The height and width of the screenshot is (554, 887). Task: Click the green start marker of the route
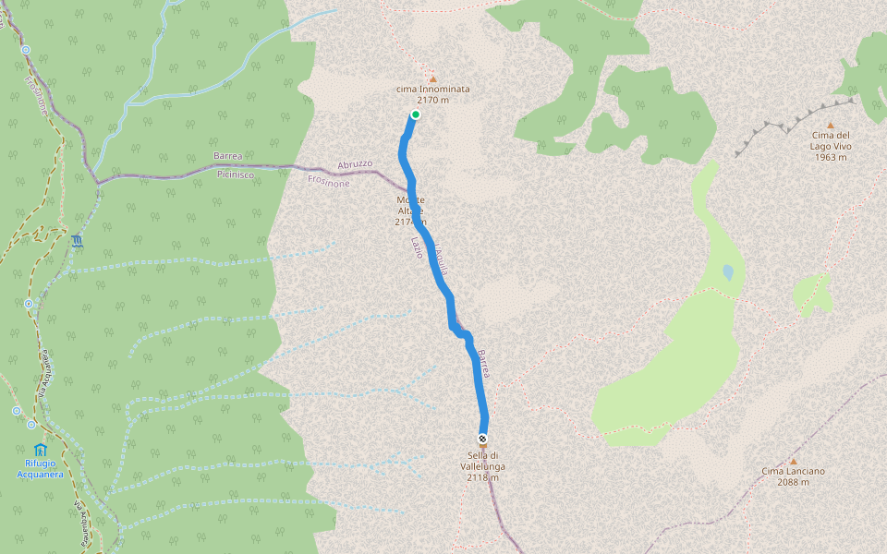(416, 114)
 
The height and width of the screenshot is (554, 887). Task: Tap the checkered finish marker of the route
(482, 439)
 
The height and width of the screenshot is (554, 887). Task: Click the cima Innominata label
(432, 89)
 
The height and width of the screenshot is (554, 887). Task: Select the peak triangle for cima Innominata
(432, 78)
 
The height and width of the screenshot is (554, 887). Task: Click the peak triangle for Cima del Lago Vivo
(830, 126)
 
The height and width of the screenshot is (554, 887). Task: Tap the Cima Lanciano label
(793, 471)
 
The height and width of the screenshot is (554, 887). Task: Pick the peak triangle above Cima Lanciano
(793, 461)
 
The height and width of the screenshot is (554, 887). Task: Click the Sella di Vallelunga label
(482, 461)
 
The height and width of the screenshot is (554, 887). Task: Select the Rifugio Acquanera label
(40, 468)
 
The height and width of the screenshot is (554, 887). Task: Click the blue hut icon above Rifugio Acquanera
(40, 450)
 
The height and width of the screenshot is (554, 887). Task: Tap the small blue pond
(728, 272)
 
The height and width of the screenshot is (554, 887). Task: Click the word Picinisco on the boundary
(236, 174)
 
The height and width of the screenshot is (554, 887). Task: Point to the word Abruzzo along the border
(355, 164)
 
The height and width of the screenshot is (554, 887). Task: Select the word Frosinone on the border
(329, 183)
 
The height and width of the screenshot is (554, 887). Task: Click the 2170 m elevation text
(432, 100)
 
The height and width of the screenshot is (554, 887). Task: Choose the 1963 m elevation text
(830, 157)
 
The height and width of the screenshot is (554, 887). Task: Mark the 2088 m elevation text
(793, 482)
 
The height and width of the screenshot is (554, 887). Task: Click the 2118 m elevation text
(482, 477)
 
